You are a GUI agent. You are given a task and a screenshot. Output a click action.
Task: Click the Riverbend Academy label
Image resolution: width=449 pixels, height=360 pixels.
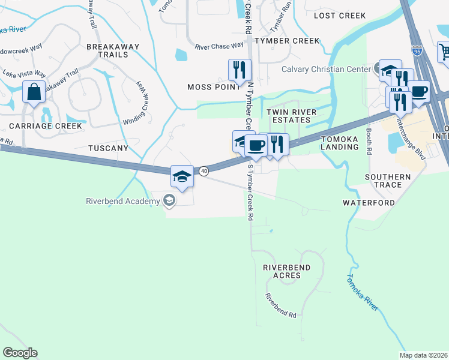pos(123,201)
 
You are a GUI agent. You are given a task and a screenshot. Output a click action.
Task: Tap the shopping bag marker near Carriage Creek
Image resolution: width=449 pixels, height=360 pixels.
pos(34,93)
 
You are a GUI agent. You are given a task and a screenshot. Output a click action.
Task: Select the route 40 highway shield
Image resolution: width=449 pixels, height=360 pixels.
pos(204,171)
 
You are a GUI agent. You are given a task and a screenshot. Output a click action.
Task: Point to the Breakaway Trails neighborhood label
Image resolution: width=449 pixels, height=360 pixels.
pos(113,50)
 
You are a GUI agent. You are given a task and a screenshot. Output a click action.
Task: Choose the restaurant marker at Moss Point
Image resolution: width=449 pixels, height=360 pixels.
pos(240,70)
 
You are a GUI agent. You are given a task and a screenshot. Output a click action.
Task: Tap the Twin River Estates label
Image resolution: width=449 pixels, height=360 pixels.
pos(289,116)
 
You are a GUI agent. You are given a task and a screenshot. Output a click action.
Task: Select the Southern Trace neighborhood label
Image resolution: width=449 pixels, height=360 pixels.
pos(388,181)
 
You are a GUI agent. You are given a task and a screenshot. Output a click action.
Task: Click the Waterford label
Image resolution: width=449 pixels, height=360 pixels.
pos(369,203)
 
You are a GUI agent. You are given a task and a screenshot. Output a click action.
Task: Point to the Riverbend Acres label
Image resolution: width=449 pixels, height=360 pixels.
pos(282,271)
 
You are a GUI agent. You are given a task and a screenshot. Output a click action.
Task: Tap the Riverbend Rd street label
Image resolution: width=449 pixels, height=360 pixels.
pos(282,306)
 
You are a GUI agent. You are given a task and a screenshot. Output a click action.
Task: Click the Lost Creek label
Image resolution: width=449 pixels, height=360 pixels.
pos(339,16)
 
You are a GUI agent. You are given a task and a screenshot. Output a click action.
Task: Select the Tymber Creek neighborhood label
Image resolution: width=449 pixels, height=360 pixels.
pos(287,41)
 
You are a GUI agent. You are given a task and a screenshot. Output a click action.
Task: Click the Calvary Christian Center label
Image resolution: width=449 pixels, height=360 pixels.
pos(327,69)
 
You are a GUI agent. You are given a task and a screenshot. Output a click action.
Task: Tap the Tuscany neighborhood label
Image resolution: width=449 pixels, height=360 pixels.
pos(108,148)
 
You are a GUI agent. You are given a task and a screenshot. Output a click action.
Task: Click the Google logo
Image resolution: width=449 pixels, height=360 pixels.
pos(20,353)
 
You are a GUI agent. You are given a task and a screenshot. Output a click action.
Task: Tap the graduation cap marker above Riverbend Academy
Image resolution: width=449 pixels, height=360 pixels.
pos(182,176)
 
